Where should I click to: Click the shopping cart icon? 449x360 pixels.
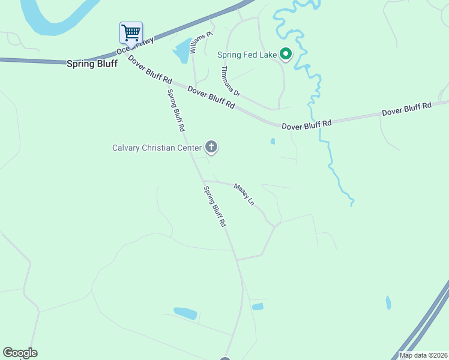click(x=131, y=32)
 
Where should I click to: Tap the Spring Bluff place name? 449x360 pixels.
click(x=92, y=63)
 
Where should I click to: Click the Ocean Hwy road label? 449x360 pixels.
click(x=136, y=46)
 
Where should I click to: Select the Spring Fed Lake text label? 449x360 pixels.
click(x=247, y=55)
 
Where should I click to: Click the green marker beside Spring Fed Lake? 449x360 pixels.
click(x=286, y=55)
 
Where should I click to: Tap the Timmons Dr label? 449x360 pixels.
click(x=230, y=82)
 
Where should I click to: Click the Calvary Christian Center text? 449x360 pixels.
click(x=157, y=147)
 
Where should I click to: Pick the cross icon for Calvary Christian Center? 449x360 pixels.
click(x=211, y=146)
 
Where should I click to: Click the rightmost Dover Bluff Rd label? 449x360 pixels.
click(x=406, y=109)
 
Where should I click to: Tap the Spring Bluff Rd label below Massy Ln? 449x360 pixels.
click(x=215, y=206)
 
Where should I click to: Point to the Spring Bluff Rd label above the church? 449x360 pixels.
click(x=176, y=110)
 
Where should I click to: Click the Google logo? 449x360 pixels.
click(x=20, y=353)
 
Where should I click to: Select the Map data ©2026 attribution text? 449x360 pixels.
click(x=423, y=355)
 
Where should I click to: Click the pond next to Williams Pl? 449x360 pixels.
click(x=181, y=52)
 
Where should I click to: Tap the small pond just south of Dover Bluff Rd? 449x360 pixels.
click(x=273, y=142)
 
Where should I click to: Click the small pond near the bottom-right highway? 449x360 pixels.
click(x=388, y=302)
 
